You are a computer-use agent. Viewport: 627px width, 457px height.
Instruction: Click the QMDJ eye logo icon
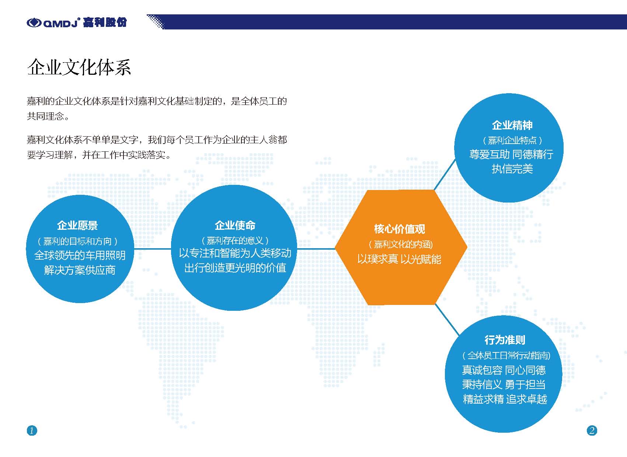pyautogui.click(x=34, y=23)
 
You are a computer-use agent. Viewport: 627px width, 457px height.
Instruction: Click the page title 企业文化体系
pyautogui.click(x=79, y=67)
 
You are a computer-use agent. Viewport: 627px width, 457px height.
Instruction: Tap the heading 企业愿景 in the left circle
pyautogui.click(x=77, y=225)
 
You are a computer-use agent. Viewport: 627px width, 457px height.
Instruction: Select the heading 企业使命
pyautogui.click(x=235, y=225)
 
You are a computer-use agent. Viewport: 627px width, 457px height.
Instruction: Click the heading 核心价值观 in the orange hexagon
pyautogui.click(x=400, y=229)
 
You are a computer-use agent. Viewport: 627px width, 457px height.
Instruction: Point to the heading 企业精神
pyautogui.click(x=512, y=125)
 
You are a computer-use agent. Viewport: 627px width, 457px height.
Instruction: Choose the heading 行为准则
pyautogui.click(x=505, y=340)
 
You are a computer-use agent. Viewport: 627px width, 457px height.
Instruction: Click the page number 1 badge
pyautogui.click(x=32, y=430)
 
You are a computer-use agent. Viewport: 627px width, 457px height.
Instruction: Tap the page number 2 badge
pyautogui.click(x=592, y=430)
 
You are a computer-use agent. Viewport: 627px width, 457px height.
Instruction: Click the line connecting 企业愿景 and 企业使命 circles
pyautogui.click(x=152, y=249)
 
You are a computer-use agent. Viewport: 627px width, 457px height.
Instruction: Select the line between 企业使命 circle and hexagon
pyautogui.click(x=316, y=249)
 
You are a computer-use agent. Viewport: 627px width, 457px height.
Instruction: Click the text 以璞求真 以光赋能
pyautogui.click(x=399, y=259)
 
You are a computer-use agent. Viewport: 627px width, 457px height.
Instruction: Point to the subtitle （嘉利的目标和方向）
pyautogui.click(x=77, y=241)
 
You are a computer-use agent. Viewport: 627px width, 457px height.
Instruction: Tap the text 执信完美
pyautogui.click(x=512, y=169)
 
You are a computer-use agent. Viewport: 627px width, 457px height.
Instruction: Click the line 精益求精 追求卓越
pyautogui.click(x=505, y=399)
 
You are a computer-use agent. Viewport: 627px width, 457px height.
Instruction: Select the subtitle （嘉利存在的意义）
pyautogui.click(x=235, y=240)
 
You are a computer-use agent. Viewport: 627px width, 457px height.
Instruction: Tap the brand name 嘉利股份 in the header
pyautogui.click(x=105, y=22)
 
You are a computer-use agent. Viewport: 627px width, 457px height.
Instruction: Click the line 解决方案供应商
pyautogui.click(x=80, y=270)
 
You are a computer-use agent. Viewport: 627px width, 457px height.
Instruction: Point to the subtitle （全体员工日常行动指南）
pyautogui.click(x=506, y=355)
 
